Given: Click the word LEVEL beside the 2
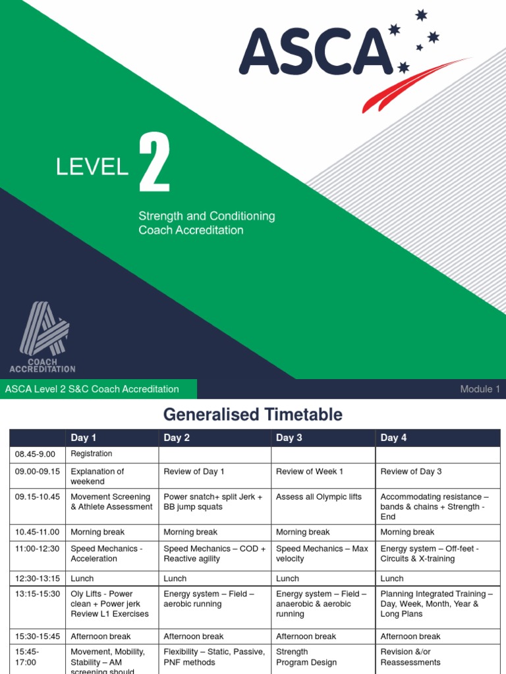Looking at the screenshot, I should (92, 168).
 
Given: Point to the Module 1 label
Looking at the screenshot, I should (480, 389).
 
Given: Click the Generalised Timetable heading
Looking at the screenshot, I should (253, 415).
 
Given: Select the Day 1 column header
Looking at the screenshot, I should (84, 438).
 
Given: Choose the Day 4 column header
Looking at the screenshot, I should (393, 438).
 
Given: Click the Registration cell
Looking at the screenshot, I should (92, 454).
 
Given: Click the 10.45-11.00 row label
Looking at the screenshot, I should (37, 532).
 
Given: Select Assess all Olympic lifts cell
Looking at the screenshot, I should (319, 497).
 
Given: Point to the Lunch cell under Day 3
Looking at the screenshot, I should (288, 579).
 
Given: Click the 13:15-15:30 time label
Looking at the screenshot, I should (36, 594).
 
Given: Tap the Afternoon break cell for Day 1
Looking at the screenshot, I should (101, 636).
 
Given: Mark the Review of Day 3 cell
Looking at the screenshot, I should (411, 471).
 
